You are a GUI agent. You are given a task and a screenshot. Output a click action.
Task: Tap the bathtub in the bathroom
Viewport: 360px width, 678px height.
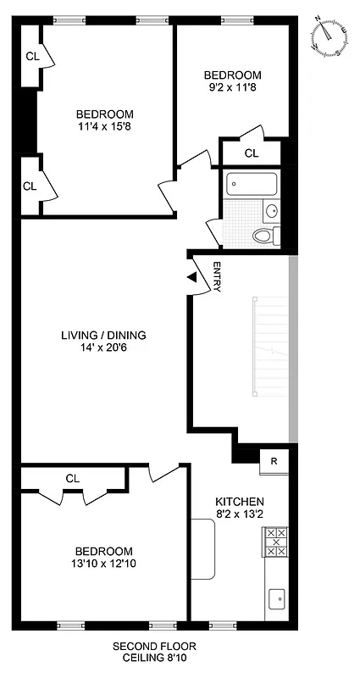(x=252, y=184)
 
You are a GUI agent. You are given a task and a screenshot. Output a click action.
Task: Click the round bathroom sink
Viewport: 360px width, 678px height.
(x=272, y=210)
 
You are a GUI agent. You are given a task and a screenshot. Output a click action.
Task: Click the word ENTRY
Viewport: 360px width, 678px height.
(x=217, y=277)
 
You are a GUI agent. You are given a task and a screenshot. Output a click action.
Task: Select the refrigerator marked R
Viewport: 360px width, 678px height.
(x=274, y=461)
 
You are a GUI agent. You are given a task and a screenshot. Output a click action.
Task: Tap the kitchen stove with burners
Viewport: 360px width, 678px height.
(x=276, y=542)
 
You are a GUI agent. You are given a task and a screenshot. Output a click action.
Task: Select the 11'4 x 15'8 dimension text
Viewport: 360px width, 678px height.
(x=105, y=128)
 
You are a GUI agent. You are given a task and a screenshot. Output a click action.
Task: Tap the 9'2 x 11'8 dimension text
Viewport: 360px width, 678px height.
(x=231, y=87)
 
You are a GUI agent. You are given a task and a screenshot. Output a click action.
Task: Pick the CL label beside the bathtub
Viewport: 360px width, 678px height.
(x=251, y=153)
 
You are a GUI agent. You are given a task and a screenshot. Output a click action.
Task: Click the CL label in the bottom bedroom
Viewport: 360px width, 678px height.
(x=73, y=478)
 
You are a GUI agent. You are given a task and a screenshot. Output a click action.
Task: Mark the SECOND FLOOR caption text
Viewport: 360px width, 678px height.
(x=154, y=646)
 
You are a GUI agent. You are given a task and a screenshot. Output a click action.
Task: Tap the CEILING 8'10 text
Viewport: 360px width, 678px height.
(x=154, y=658)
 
